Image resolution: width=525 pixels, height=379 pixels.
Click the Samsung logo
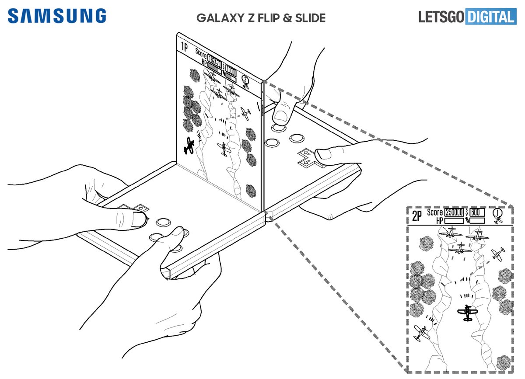pyautogui.click(x=57, y=16)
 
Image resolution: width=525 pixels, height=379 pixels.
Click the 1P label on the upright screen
pyautogui.click(x=184, y=47)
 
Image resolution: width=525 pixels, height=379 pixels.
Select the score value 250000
pyautogui.click(x=454, y=212)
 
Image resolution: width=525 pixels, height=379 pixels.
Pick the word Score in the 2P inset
pyautogui.click(x=435, y=212)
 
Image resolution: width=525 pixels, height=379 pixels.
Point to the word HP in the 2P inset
pyautogui.click(x=439, y=221)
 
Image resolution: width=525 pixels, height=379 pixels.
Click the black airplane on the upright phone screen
pyautogui.click(x=189, y=146)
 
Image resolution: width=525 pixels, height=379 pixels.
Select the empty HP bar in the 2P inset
pyautogui.click(x=454, y=221)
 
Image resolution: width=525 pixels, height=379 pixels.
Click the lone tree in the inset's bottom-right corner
pyautogui.click(x=504, y=362)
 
